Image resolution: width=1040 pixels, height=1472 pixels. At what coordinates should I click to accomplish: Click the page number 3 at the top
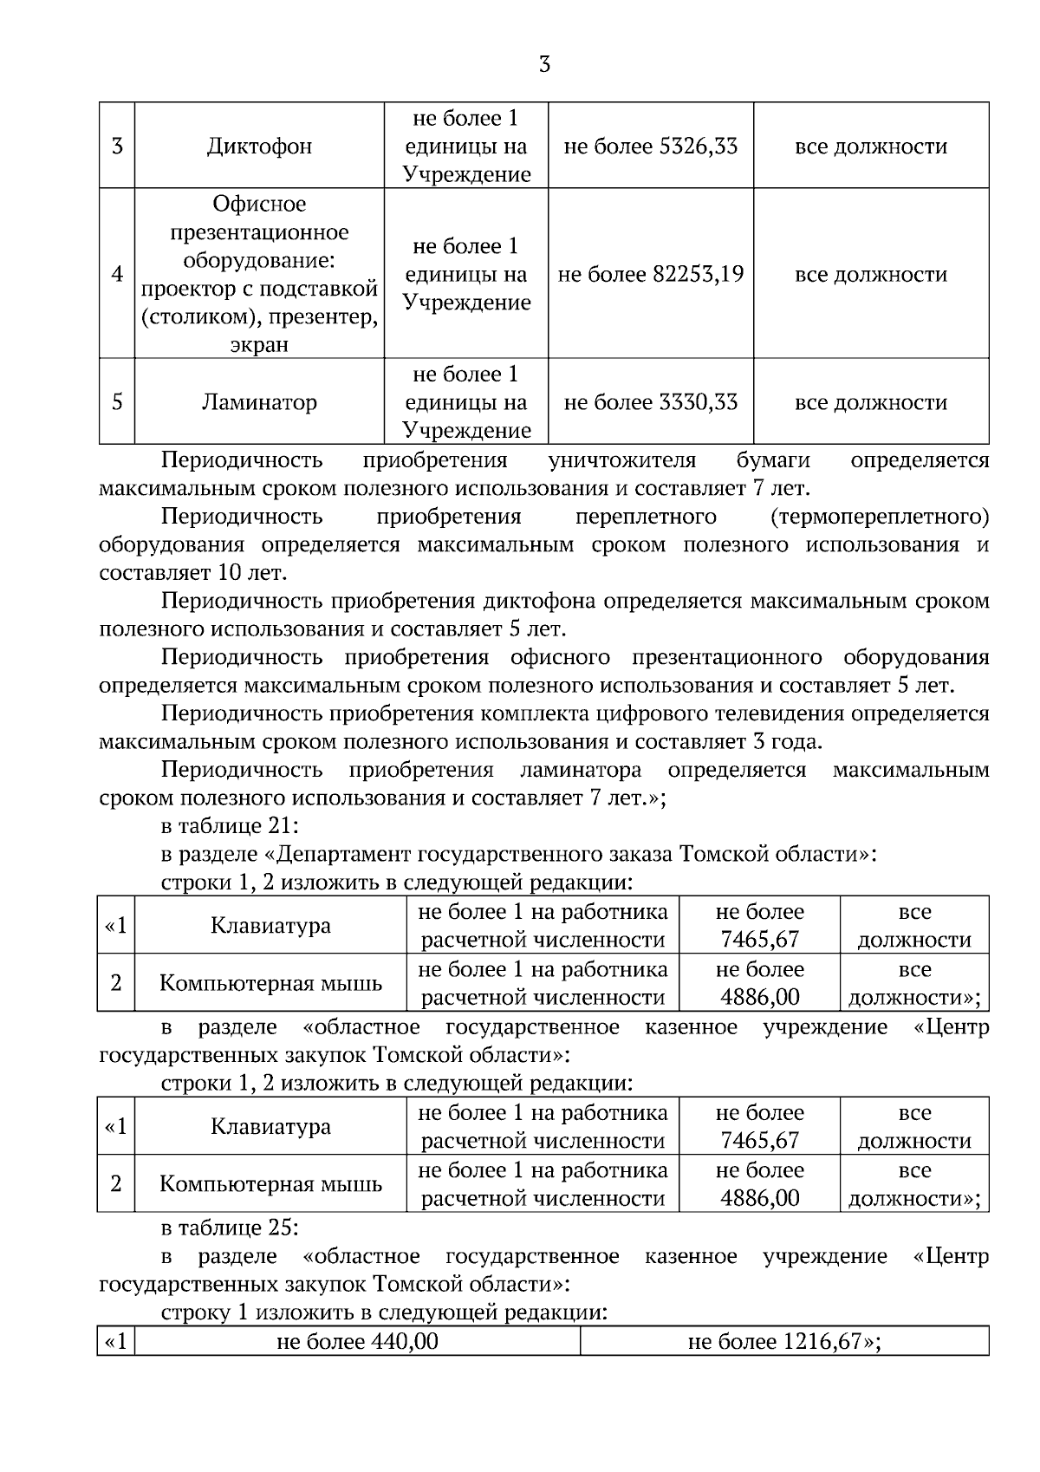(x=544, y=65)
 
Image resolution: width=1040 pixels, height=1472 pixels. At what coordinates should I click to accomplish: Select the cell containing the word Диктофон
(x=259, y=147)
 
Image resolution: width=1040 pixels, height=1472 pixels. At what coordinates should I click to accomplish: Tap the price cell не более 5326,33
(x=651, y=147)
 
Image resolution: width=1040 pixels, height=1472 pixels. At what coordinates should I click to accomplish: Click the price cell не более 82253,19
(x=651, y=275)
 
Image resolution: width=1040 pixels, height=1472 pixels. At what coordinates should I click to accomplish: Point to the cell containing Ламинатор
(x=259, y=403)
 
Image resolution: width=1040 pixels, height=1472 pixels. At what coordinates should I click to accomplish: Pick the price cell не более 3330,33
(x=651, y=403)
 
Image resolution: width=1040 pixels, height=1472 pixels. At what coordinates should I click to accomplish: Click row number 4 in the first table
(x=117, y=275)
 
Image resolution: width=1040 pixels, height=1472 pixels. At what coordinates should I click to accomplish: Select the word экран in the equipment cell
(x=259, y=345)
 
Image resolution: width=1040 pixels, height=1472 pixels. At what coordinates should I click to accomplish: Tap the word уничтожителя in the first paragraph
(x=622, y=460)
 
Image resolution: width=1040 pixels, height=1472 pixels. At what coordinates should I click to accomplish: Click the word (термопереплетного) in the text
(x=879, y=518)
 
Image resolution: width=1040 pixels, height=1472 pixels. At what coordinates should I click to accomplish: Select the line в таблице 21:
(x=230, y=825)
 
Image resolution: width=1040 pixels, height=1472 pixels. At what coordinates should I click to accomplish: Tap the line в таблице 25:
(x=230, y=1228)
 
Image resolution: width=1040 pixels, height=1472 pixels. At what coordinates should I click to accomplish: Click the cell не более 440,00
(x=357, y=1343)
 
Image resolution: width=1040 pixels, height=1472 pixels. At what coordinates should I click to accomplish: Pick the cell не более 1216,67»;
(x=784, y=1343)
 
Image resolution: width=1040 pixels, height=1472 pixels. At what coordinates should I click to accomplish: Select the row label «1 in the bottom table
(x=116, y=1343)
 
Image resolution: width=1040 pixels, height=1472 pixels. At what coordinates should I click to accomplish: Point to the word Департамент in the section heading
(x=344, y=855)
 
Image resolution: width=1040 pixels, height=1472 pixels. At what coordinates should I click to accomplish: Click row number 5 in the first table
(x=117, y=403)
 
